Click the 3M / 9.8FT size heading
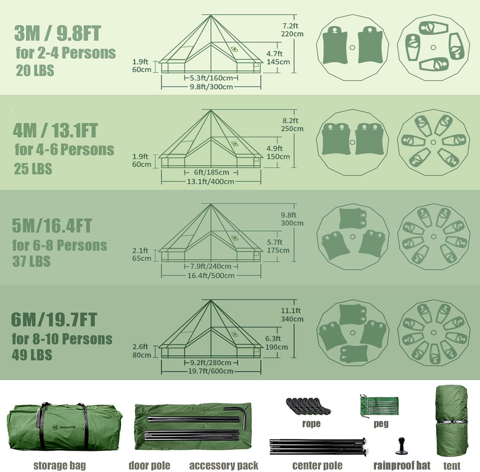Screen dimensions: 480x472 (x=58, y=33)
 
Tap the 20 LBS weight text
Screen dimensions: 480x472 (x=35, y=70)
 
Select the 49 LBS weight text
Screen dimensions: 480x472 (x=32, y=355)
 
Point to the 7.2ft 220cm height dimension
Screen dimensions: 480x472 (x=292, y=30)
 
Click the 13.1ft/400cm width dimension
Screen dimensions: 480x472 (x=210, y=182)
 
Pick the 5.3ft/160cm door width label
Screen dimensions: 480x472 (x=211, y=78)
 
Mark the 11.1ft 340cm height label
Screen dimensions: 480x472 (x=292, y=315)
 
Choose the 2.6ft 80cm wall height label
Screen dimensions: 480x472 (x=142, y=351)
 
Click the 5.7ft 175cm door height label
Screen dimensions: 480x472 (x=278, y=246)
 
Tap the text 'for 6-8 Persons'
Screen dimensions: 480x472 (x=60, y=245)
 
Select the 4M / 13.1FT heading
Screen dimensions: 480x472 (x=55, y=130)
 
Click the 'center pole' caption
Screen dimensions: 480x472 (x=317, y=465)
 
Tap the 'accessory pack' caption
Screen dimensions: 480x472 (x=224, y=465)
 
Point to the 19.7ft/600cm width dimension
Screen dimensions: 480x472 (x=210, y=371)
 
